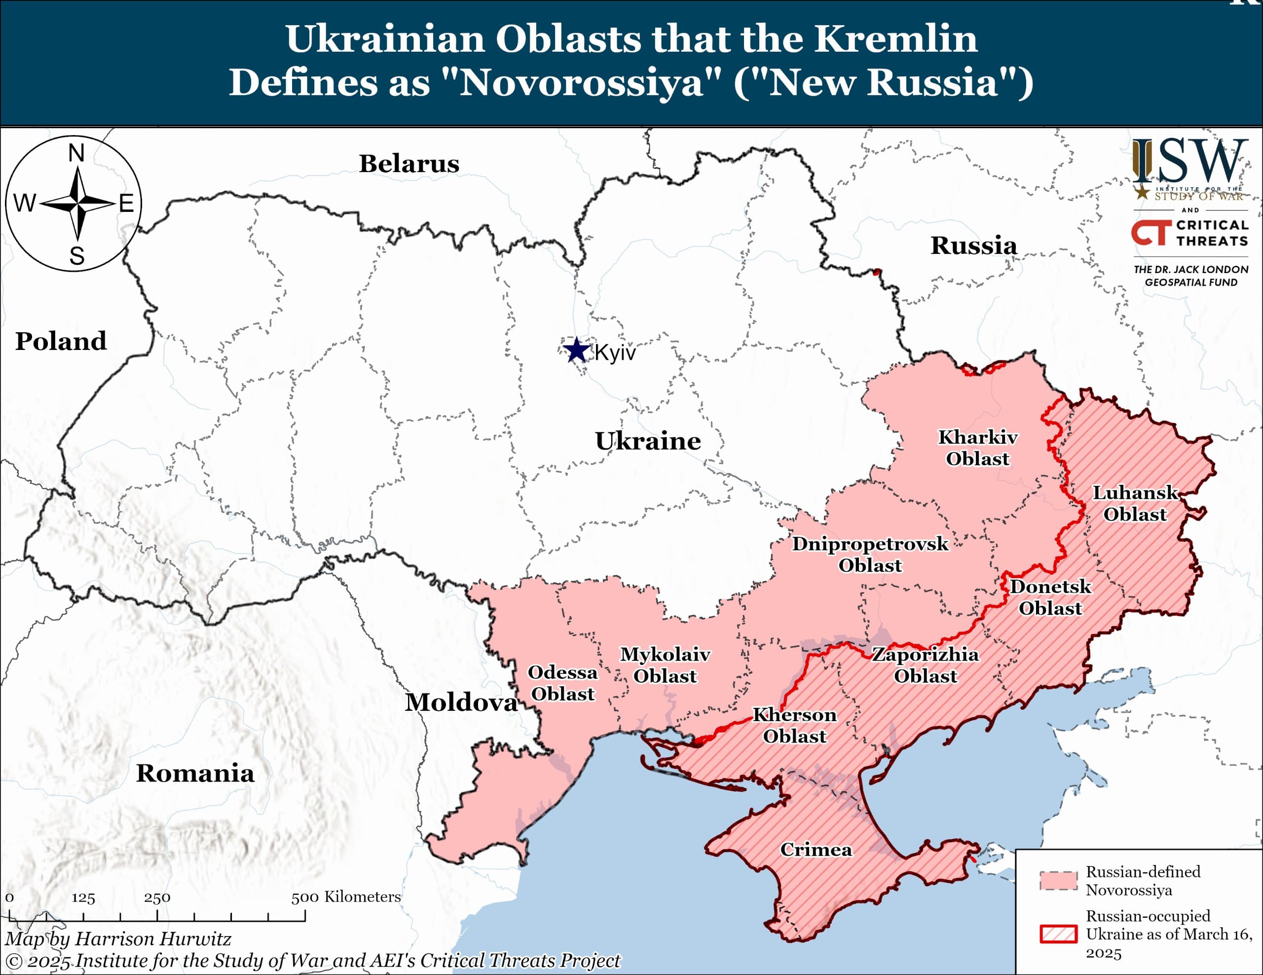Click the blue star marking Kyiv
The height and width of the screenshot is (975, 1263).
pos(577,350)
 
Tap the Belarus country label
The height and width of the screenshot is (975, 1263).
pos(409,164)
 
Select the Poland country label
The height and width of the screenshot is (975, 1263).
pos(61,341)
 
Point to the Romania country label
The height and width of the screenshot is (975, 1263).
pos(195,773)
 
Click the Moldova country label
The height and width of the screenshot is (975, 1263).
pos(460,702)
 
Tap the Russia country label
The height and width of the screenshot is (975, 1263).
pos(973,245)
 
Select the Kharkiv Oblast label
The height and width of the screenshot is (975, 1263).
pos(977,448)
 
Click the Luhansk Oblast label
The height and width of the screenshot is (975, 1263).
pos(1135,503)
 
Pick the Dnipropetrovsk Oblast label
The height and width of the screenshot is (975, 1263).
pos(870,554)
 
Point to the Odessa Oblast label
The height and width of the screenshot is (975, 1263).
pos(562,683)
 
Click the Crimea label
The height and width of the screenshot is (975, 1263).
pos(816,850)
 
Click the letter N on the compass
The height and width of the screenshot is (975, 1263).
pos(76,153)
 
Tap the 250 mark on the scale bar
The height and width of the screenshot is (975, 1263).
pos(157,898)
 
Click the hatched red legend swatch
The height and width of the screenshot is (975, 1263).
pos(1058,934)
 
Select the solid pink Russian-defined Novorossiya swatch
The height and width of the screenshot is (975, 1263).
pos(1058,881)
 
